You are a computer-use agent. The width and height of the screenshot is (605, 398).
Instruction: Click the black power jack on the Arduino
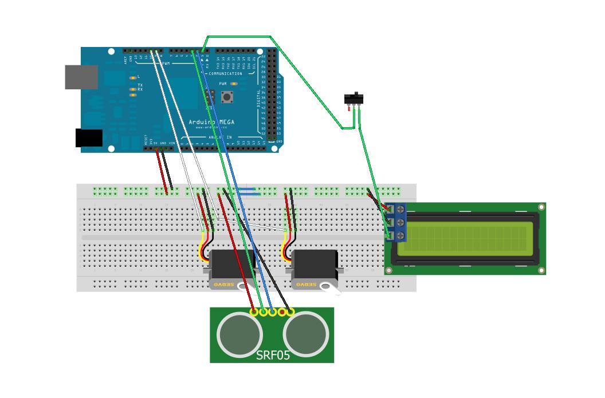click(89, 138)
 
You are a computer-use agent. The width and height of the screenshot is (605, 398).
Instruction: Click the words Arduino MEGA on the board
click(211, 122)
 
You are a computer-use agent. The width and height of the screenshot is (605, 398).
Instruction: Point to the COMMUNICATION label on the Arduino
click(225, 74)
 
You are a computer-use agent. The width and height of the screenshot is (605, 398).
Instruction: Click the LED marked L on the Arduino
click(133, 77)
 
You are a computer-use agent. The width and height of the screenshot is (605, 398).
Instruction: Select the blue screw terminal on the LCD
click(396, 222)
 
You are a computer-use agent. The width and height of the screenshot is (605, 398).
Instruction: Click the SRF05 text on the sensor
click(273, 355)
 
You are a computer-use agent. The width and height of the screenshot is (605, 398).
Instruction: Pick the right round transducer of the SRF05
click(307, 333)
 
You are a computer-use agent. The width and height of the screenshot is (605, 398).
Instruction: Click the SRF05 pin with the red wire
click(254, 312)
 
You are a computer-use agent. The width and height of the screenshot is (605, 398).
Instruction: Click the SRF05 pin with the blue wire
click(273, 312)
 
